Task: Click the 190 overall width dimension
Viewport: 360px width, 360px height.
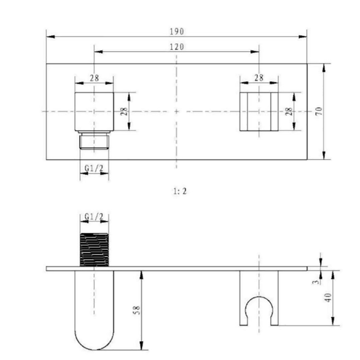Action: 177,31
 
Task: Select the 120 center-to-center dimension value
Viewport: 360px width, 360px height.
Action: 177,47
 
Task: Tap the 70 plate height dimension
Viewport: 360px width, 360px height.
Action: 319,111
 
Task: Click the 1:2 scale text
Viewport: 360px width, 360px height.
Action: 180,191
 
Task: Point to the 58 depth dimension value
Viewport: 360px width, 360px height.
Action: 137,310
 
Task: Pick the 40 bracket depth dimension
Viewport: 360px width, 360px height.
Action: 328,297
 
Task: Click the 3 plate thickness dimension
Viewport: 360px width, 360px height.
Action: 316,282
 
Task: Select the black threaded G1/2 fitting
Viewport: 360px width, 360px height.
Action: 94,250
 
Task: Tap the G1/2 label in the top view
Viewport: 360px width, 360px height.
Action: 94,168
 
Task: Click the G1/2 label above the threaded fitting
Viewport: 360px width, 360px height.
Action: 94,216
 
